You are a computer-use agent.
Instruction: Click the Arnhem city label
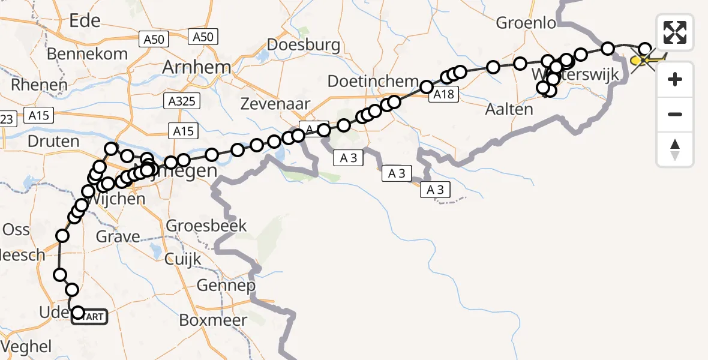[197, 67]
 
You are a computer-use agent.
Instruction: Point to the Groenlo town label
[526, 23]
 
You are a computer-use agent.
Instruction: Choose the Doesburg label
[304, 44]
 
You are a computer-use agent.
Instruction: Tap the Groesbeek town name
[206, 226]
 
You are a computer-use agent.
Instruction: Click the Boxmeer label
[213, 320]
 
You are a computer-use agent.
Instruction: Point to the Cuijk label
[182, 259]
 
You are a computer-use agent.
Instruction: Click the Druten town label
[53, 142]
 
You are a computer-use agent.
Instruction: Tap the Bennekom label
[88, 53]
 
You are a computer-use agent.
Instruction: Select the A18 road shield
[443, 93]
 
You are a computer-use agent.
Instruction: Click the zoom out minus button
[675, 115]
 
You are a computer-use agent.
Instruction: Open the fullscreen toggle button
[675, 32]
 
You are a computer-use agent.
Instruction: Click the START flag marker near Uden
[91, 316]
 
